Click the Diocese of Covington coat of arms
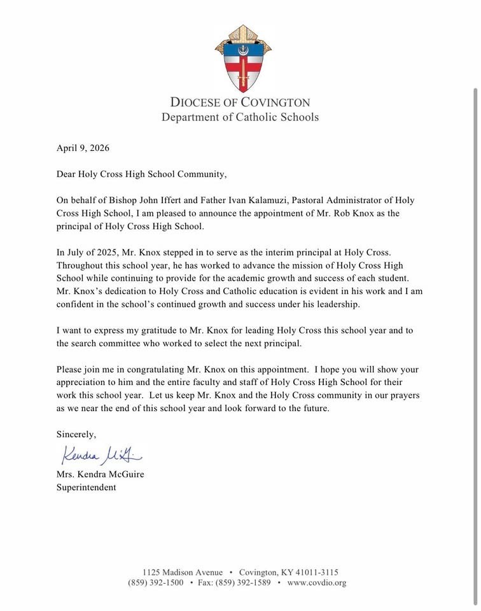click(243, 59)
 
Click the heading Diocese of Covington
click(240, 102)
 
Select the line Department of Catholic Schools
click(240, 117)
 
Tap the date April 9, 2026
click(83, 148)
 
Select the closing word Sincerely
click(76, 434)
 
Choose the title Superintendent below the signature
click(87, 488)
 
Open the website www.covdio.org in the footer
click(317, 583)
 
